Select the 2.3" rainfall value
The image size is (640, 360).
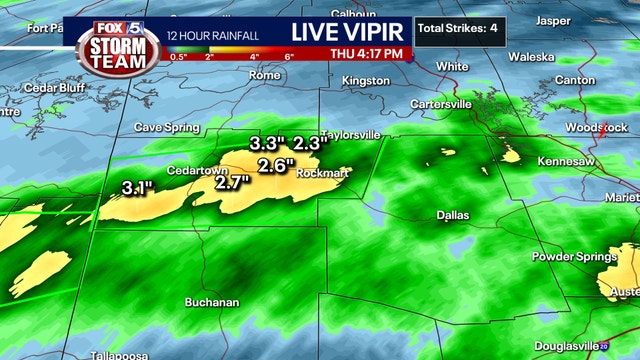pos(310,143)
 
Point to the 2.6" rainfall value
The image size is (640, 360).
pos(276,165)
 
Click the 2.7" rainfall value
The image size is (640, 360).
pos(232,182)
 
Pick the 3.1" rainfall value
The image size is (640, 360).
pos(137,187)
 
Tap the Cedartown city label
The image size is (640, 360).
pos(197,170)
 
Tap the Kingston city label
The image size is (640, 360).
pos(365,80)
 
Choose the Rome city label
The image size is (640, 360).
pos(264,75)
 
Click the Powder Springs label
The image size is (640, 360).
pos(574,257)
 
